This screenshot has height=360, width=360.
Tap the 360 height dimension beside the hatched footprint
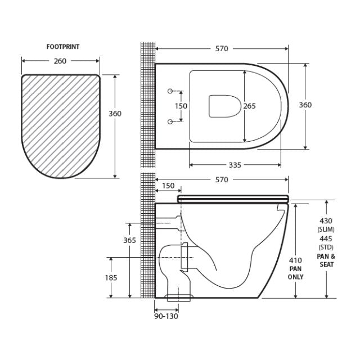[115, 113]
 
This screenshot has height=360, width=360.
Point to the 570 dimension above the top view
[222, 49]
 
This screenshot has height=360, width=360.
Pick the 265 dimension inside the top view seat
[250, 106]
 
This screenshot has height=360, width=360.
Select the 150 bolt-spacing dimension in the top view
[181, 106]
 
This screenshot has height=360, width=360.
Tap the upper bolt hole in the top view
[169, 91]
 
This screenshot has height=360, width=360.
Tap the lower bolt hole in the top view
[169, 121]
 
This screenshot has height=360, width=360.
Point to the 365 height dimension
[129, 240]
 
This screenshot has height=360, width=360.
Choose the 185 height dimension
[111, 277]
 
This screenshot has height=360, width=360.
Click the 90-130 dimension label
[166, 317]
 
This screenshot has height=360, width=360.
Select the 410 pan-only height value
[295, 260]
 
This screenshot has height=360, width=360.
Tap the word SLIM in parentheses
[326, 230]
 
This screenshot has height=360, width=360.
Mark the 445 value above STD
[326, 238]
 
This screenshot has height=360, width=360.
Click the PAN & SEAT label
[326, 260]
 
